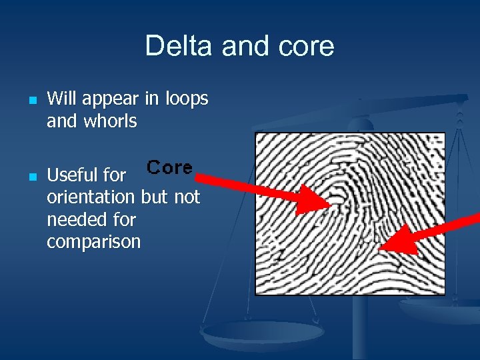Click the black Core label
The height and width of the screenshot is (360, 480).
tap(169, 167)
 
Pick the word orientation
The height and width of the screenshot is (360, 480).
tap(91, 197)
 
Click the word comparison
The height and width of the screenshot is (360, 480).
tap(93, 241)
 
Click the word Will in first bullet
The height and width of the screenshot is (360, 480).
tap(62, 99)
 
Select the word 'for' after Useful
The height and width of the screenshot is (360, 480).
tap(115, 175)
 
